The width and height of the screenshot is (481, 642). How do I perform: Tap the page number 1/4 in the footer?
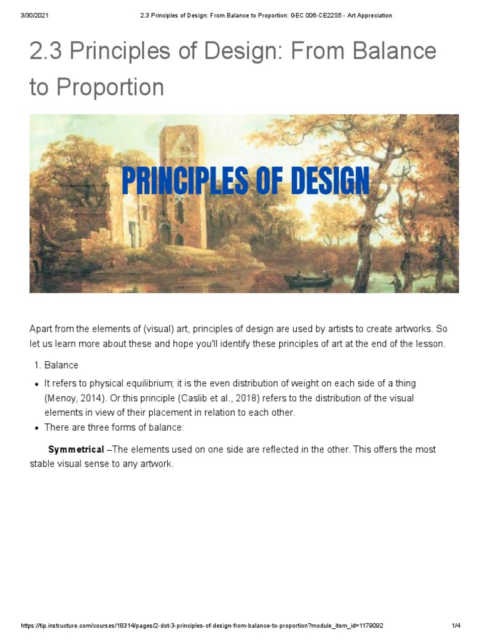pos(456,626)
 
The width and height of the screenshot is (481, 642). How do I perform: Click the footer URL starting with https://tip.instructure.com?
pos(202,626)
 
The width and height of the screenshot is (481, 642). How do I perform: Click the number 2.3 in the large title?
pos(46,51)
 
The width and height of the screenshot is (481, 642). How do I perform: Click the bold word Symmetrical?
pos(76,450)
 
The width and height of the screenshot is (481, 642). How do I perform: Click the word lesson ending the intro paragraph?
pos(432,344)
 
